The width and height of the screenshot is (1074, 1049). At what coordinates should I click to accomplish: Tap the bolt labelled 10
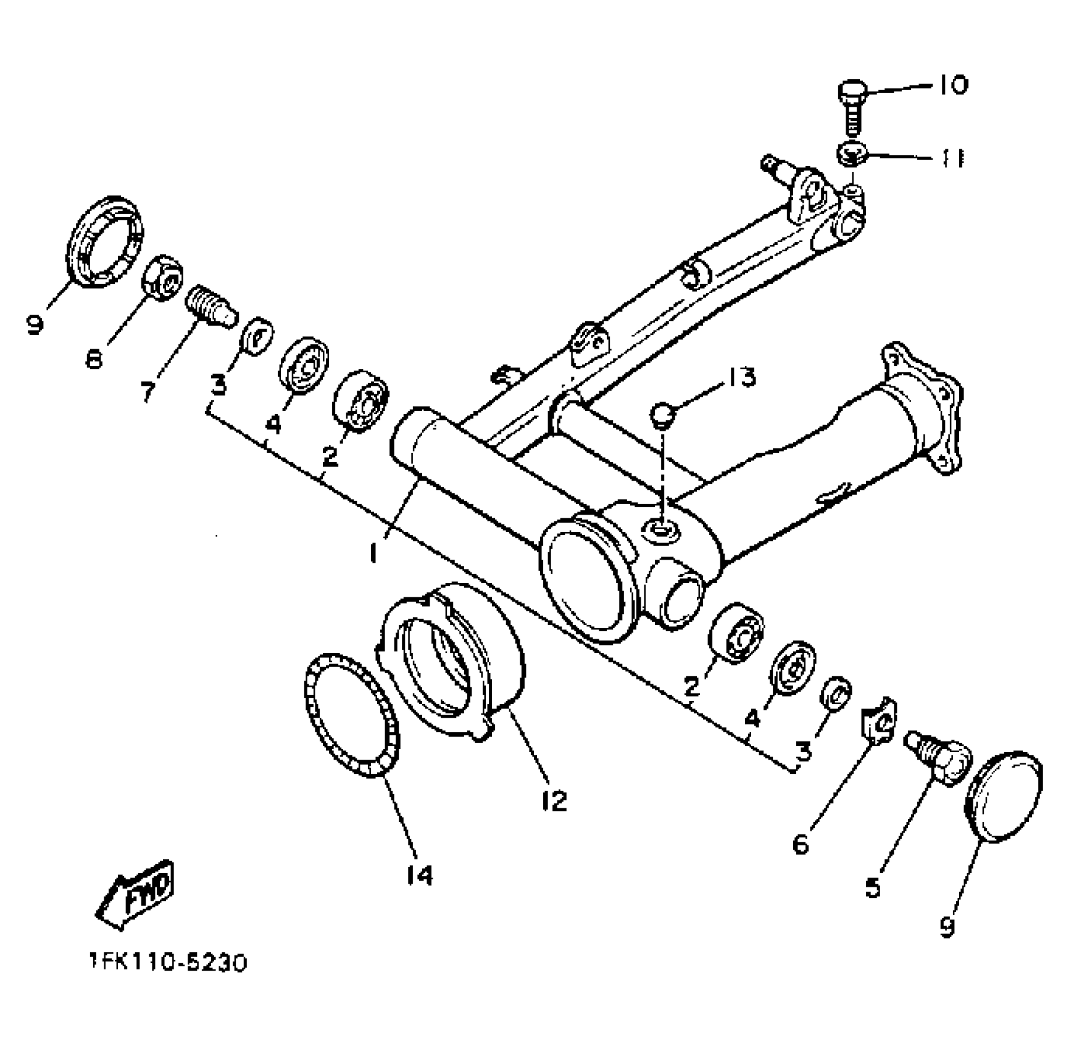[x=852, y=108]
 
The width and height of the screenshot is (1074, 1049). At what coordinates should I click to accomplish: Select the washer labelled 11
[x=852, y=154]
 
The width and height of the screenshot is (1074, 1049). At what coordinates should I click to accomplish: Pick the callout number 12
[x=554, y=800]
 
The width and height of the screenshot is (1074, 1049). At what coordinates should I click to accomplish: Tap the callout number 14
[x=420, y=874]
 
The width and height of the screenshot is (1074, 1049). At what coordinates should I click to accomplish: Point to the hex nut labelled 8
[x=163, y=277]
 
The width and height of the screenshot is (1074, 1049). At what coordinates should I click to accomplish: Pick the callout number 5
[x=873, y=887]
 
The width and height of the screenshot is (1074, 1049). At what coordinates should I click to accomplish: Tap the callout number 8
[x=94, y=358]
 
